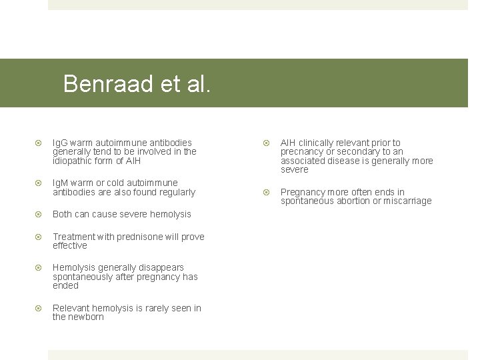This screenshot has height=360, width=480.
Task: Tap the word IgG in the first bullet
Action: pyautogui.click(x=60, y=143)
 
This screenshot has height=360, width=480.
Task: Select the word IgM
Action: pyautogui.click(x=61, y=183)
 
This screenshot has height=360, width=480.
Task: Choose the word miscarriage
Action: pyautogui.click(x=405, y=201)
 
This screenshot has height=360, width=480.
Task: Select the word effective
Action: pyautogui.click(x=70, y=245)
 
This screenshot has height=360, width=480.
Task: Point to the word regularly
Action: pyautogui.click(x=176, y=192)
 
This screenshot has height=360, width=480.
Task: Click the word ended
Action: pyautogui.click(x=65, y=285)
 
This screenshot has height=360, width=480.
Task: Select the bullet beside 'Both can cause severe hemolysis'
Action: pyautogui.click(x=39, y=214)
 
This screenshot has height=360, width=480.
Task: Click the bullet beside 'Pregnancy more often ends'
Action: pyautogui.click(x=267, y=192)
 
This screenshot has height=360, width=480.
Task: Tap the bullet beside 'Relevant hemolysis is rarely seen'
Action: pyautogui.click(x=39, y=308)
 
